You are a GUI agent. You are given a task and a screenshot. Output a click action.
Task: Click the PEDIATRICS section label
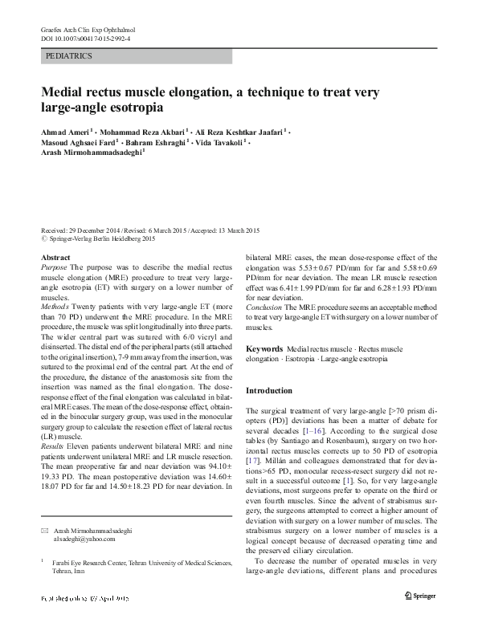point(69,56)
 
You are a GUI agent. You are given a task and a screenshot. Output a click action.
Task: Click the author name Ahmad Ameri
point(66,129)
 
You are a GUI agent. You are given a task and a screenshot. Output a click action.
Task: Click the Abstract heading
point(55,257)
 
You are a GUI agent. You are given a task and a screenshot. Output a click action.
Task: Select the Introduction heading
point(269,390)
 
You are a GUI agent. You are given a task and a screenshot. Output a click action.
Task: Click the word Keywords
point(264,350)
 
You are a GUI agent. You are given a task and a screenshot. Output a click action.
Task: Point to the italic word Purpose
point(54,267)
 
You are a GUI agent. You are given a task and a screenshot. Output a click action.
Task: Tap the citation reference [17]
point(253,462)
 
